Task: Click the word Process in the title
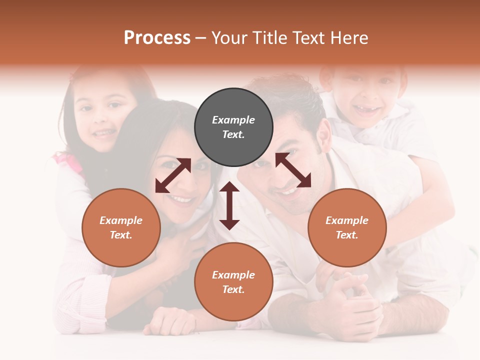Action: click(157, 38)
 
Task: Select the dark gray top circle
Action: click(233, 127)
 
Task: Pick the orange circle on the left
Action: click(121, 227)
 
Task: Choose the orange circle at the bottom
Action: click(233, 281)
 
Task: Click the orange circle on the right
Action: click(346, 227)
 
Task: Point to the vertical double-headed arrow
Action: click(229, 205)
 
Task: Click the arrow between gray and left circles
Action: click(173, 175)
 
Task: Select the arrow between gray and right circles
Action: click(293, 170)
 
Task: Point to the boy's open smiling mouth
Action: click(367, 111)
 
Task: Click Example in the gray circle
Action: click(233, 120)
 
